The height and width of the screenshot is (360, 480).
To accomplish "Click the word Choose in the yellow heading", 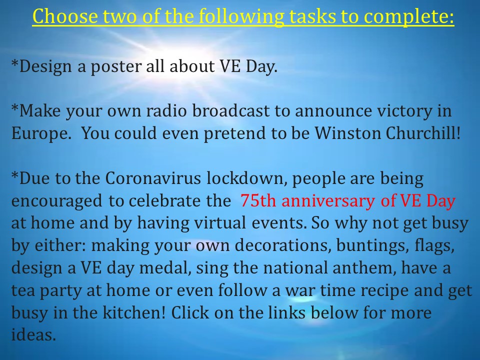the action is click(x=65, y=16).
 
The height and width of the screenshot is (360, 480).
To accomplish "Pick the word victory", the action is click(x=404, y=111).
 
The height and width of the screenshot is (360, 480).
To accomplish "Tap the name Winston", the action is click(x=347, y=133).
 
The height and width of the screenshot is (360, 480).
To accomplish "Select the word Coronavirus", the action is click(x=153, y=178).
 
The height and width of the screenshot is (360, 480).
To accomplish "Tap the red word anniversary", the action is click(x=328, y=201).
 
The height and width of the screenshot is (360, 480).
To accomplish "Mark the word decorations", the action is click(x=281, y=245).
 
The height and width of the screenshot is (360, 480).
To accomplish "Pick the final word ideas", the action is click(x=33, y=334).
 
